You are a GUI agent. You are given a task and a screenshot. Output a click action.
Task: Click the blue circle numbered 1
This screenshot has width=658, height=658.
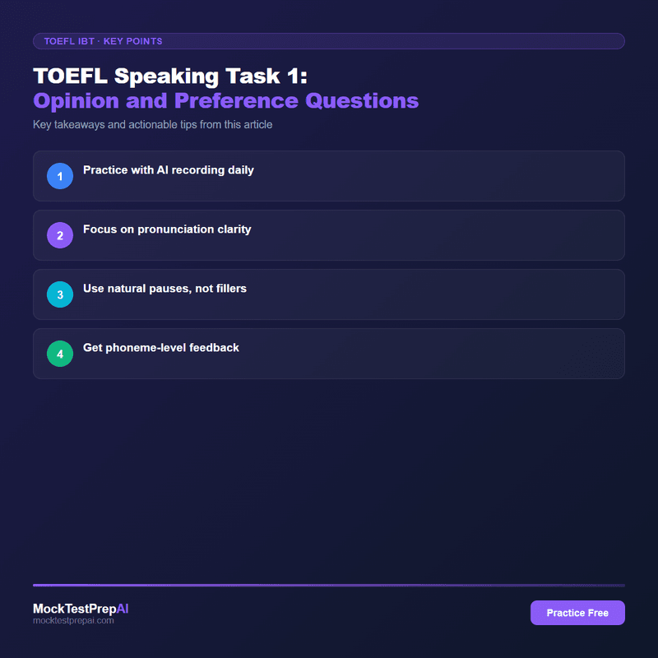click(x=60, y=176)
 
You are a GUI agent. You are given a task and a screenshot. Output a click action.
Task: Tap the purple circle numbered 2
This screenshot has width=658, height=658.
click(x=60, y=235)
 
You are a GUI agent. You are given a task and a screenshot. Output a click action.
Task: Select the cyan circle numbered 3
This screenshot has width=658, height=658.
click(x=60, y=294)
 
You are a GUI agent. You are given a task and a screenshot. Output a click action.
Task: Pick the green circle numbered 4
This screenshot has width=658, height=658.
click(x=60, y=354)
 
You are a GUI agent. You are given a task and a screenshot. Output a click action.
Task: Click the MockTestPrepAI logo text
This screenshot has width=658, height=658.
click(x=81, y=609)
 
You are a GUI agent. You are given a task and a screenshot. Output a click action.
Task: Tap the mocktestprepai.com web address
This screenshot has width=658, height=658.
click(x=73, y=621)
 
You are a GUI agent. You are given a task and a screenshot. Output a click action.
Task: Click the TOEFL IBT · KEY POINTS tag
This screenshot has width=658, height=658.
click(x=98, y=41)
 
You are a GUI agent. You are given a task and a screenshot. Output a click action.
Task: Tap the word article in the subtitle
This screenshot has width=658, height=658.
click(x=254, y=125)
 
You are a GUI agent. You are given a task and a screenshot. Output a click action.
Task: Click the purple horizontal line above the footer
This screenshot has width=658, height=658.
click(x=329, y=585)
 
